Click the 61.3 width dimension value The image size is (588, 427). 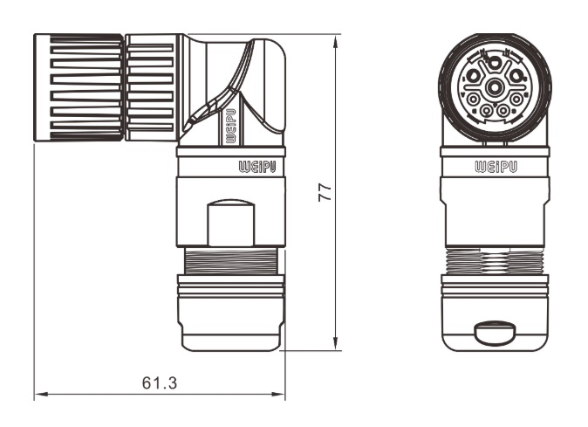point(159,382)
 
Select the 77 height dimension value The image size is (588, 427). point(325,193)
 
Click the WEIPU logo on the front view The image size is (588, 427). point(495,165)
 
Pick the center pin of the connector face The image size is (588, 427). point(495,86)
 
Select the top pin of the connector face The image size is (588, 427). point(495,62)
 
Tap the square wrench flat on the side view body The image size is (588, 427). point(231,222)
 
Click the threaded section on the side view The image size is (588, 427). point(231,260)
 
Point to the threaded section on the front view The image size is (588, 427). point(495,260)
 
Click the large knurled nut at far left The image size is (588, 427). point(78,87)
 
